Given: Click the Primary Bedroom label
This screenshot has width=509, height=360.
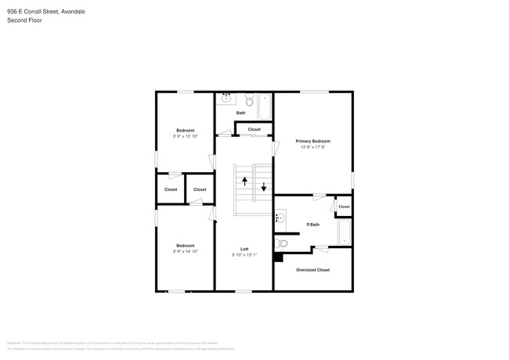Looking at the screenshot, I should (312, 141).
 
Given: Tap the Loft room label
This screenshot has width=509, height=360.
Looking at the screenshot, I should (244, 249).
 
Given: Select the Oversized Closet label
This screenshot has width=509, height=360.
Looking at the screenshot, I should (312, 270).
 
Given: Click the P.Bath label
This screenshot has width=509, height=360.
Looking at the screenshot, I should (312, 225).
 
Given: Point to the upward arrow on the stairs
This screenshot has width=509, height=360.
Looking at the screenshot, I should (245, 181).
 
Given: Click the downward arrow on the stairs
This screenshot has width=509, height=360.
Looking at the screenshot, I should (264, 187).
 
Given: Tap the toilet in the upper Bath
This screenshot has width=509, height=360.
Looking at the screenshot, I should (249, 99).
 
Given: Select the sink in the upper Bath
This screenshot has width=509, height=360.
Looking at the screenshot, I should (226, 98).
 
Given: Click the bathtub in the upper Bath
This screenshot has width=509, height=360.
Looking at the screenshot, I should (265, 106).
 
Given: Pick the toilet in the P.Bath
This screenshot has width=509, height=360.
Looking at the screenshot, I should (282, 243).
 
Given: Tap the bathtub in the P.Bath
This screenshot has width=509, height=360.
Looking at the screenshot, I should (344, 232).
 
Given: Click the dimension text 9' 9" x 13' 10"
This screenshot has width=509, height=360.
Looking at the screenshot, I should (185, 136).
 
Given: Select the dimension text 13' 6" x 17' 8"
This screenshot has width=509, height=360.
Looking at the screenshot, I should (312, 147).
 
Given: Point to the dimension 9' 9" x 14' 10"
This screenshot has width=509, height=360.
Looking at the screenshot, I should (185, 252).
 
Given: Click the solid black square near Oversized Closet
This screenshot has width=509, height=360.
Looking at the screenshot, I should (277, 256).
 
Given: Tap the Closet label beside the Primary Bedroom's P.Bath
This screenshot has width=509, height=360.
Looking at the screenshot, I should (344, 207).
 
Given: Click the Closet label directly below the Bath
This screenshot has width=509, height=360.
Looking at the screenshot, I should (254, 129).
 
